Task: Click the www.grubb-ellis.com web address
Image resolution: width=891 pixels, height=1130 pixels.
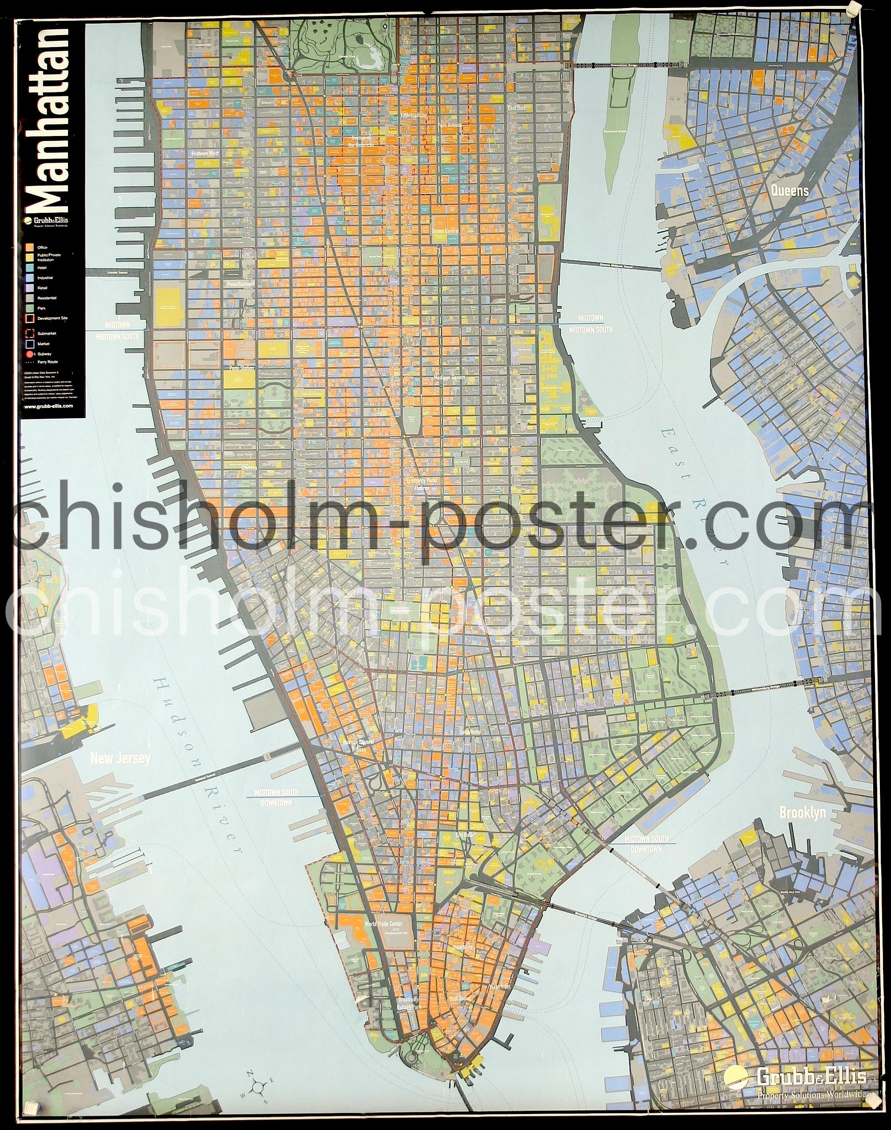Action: (x=48, y=405)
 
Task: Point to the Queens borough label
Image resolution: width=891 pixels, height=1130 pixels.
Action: (x=790, y=191)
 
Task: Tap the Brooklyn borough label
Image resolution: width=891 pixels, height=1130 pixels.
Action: (x=802, y=812)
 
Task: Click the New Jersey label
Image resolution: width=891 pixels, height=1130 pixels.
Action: (x=120, y=758)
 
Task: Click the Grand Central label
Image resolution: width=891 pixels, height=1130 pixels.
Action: (x=445, y=231)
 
